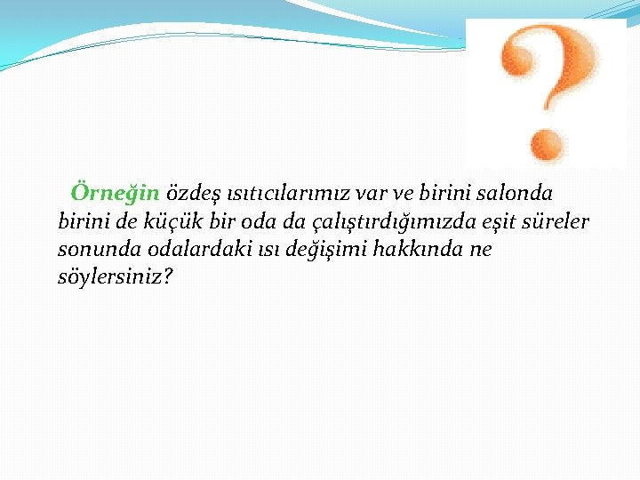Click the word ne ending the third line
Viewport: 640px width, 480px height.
(481, 250)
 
